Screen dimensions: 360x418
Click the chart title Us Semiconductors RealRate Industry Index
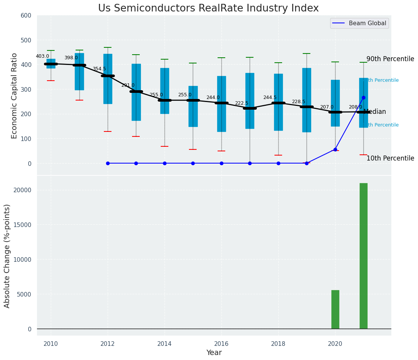coord(208,8)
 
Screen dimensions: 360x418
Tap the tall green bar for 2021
coord(363,256)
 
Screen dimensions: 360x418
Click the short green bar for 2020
coord(335,309)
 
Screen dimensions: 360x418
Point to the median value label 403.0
coord(42,56)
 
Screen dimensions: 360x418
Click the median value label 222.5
coord(242,103)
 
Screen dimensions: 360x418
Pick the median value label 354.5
coord(99,69)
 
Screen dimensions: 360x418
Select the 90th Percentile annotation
coord(390,59)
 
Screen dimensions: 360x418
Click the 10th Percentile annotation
coord(390,158)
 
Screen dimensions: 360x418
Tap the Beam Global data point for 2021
coord(363,97)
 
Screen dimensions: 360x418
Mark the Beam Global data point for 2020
coord(335,149)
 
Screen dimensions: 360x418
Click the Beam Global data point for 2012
coord(108,163)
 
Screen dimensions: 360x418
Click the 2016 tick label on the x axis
coord(221,344)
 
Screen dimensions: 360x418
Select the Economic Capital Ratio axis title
coord(14,96)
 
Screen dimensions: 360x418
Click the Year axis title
coord(214,353)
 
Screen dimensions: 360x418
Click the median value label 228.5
coord(299,102)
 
